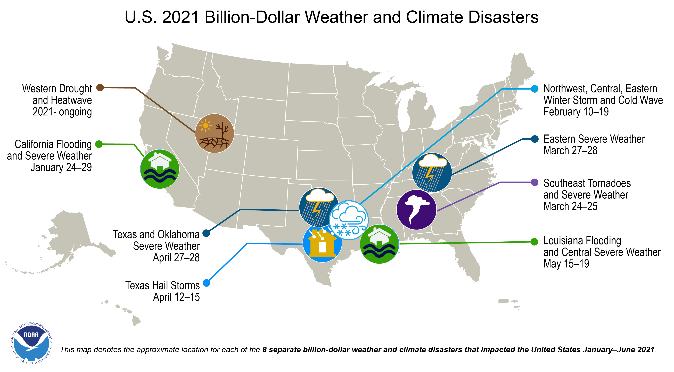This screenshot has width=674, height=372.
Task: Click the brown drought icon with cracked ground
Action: point(214,133)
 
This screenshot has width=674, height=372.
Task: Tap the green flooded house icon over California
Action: point(160,169)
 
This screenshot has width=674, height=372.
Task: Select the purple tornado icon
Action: point(416,210)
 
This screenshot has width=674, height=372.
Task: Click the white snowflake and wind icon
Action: point(349,220)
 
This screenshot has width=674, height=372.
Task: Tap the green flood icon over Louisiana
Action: point(379,244)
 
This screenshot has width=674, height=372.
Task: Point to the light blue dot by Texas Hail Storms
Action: point(207,283)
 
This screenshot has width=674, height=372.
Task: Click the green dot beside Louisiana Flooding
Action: point(534,242)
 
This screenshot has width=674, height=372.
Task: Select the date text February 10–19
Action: point(576,112)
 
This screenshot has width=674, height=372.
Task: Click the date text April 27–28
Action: point(176,258)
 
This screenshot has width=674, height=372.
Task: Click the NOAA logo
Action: point(31,343)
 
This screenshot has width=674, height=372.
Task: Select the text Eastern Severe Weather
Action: point(594,139)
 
